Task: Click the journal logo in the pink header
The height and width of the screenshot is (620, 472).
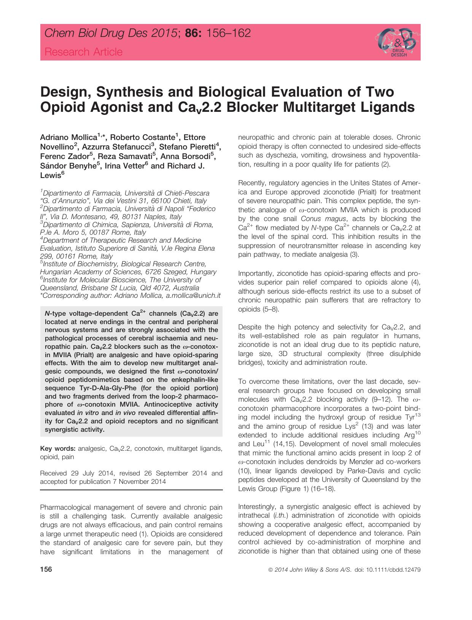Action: point(396,43)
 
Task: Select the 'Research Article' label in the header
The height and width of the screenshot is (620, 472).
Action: point(84,52)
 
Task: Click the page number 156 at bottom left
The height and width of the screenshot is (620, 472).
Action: point(46,570)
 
